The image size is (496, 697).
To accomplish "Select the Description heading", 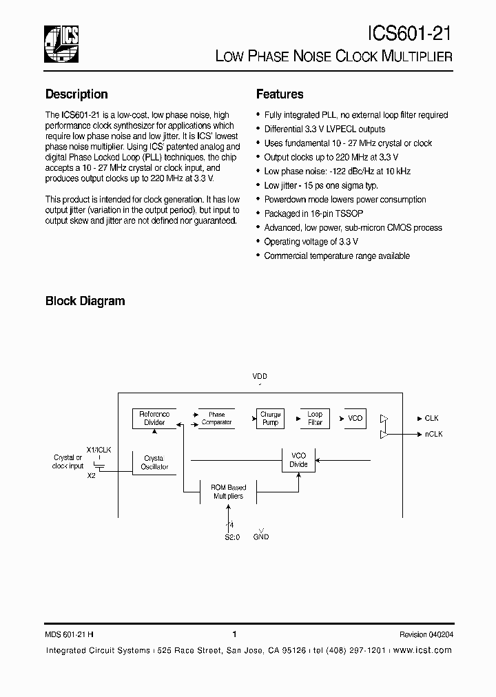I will [x=76, y=94].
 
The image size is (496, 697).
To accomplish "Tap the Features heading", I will [x=280, y=94].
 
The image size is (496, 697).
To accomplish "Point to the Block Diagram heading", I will [x=85, y=301].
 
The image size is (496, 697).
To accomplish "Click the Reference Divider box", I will [x=154, y=418].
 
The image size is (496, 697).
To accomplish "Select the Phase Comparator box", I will [x=216, y=418].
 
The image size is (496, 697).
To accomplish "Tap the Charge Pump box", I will [x=270, y=418].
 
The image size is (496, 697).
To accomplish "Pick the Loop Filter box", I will [x=315, y=418].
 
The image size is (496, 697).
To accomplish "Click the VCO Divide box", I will [x=298, y=459].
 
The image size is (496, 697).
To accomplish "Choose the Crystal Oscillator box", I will [x=154, y=462].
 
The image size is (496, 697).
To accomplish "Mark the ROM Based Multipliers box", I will [x=228, y=491].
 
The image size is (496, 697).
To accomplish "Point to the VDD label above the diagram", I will [x=260, y=377].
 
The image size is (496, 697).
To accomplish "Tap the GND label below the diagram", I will [x=261, y=536].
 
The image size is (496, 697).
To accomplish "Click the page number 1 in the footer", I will [x=235, y=634].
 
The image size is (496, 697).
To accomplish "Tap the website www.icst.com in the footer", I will [x=424, y=650].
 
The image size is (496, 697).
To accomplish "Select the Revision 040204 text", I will [x=426, y=634].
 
